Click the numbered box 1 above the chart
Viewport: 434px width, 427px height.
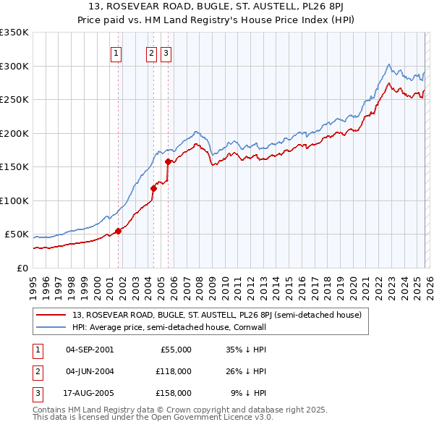click(117, 52)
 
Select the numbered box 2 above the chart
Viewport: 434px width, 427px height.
click(152, 52)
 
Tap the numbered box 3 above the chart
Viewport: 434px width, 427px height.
click(166, 52)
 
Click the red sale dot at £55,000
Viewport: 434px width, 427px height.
click(118, 231)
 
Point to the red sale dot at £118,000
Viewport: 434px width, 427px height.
click(153, 189)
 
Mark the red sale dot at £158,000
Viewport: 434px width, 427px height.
click(168, 162)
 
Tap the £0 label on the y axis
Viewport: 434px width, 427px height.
click(22, 268)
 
